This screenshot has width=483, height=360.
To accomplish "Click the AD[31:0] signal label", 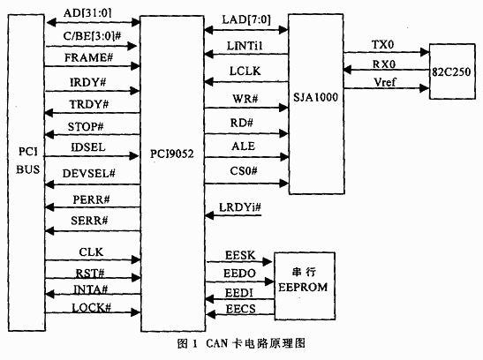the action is [87, 13].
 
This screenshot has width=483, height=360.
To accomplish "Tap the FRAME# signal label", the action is [88, 57].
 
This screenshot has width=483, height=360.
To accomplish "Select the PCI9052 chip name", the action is [172, 154].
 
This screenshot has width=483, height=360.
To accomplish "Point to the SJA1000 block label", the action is [315, 98].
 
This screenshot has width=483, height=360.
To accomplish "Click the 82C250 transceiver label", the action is [451, 72].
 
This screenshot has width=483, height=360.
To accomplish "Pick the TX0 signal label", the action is [382, 45].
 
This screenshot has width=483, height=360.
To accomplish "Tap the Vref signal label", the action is [385, 82].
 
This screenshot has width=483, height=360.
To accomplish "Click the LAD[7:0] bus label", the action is [246, 20].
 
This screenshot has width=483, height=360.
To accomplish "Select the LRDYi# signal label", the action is [240, 207].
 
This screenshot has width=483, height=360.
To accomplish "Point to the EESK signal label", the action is [240, 255].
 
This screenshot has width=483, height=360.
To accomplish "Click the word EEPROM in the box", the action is [303, 287].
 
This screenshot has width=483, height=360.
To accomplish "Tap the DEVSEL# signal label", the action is [88, 174].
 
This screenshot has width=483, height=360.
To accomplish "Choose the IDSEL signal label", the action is [88, 147].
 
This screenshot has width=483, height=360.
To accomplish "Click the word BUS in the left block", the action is [27, 169].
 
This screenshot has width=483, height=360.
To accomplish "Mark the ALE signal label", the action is [244, 146].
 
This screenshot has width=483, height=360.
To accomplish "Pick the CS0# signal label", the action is [244, 171].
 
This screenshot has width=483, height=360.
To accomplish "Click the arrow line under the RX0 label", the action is [386, 71].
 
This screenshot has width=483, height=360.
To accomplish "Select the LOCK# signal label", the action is [91, 308].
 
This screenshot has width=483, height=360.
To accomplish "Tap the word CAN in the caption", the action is [217, 343].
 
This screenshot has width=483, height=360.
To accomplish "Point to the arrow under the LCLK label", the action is [246, 82].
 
